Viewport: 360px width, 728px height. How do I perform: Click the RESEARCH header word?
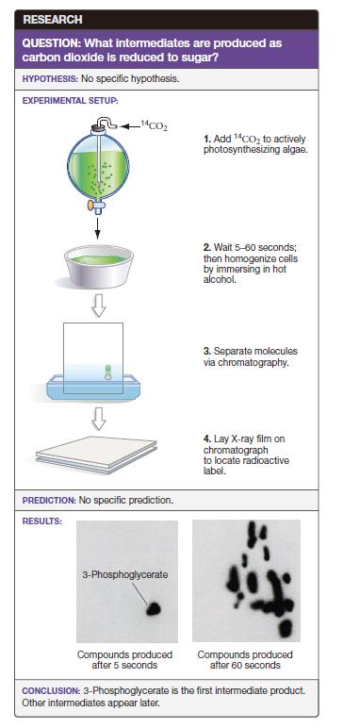[53, 20]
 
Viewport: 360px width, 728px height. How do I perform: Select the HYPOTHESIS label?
[50, 79]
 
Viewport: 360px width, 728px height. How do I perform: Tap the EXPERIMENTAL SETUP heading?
[70, 100]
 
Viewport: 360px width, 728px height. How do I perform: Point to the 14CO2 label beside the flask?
[155, 125]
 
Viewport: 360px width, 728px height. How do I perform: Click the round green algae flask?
[97, 166]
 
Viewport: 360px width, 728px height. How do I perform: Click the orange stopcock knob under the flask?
[90, 205]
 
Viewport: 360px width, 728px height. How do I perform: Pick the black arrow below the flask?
[98, 228]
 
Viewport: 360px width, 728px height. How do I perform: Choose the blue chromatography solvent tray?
[92, 386]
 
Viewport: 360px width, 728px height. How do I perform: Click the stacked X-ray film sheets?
[96, 455]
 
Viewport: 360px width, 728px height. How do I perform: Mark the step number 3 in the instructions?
[207, 352]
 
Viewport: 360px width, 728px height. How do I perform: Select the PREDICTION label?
[49, 501]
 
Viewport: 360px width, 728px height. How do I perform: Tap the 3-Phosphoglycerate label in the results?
[124, 575]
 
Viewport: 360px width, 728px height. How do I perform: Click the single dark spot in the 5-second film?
[154, 608]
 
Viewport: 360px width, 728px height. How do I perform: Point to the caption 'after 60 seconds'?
[245, 666]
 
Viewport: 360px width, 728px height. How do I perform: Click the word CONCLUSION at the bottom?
[51, 691]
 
